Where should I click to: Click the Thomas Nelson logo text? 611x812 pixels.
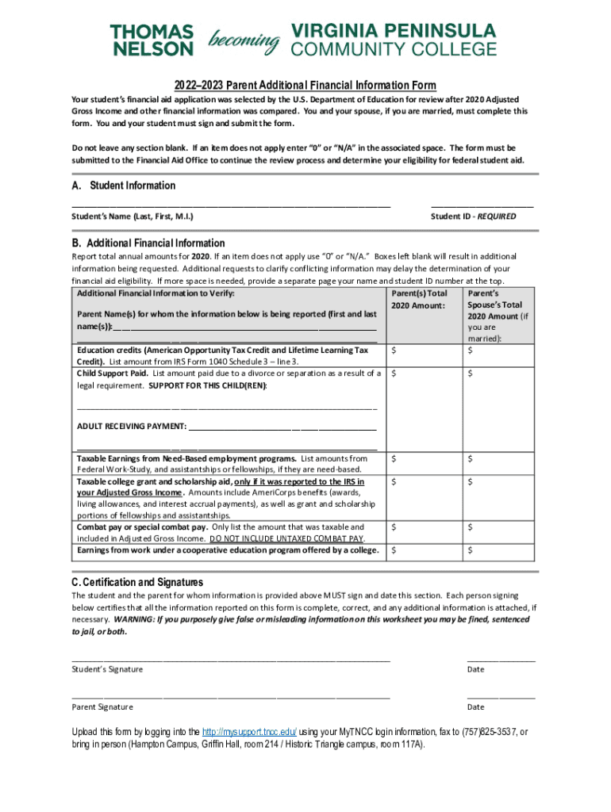click(x=152, y=40)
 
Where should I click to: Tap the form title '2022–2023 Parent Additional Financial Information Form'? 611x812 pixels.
click(x=305, y=86)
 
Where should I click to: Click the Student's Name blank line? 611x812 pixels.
click(x=231, y=205)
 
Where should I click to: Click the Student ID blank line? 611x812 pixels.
click(x=482, y=205)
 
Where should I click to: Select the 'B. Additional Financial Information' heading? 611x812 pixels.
click(x=148, y=243)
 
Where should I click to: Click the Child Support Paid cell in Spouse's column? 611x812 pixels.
click(x=500, y=373)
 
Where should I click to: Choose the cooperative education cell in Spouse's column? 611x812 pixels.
click(x=500, y=550)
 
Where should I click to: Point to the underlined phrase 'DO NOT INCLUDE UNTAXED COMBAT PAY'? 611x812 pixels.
click(x=293, y=538)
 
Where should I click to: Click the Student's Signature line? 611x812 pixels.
click(x=231, y=659)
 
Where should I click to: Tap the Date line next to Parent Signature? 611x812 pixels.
click(x=501, y=697)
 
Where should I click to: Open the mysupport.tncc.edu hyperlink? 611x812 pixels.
click(x=249, y=732)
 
